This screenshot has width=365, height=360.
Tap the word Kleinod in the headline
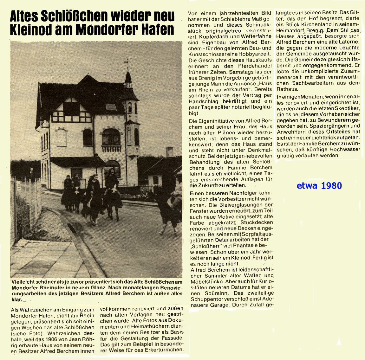(30, 29)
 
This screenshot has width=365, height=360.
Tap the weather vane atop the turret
(128, 65)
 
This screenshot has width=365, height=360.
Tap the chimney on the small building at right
(169, 152)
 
